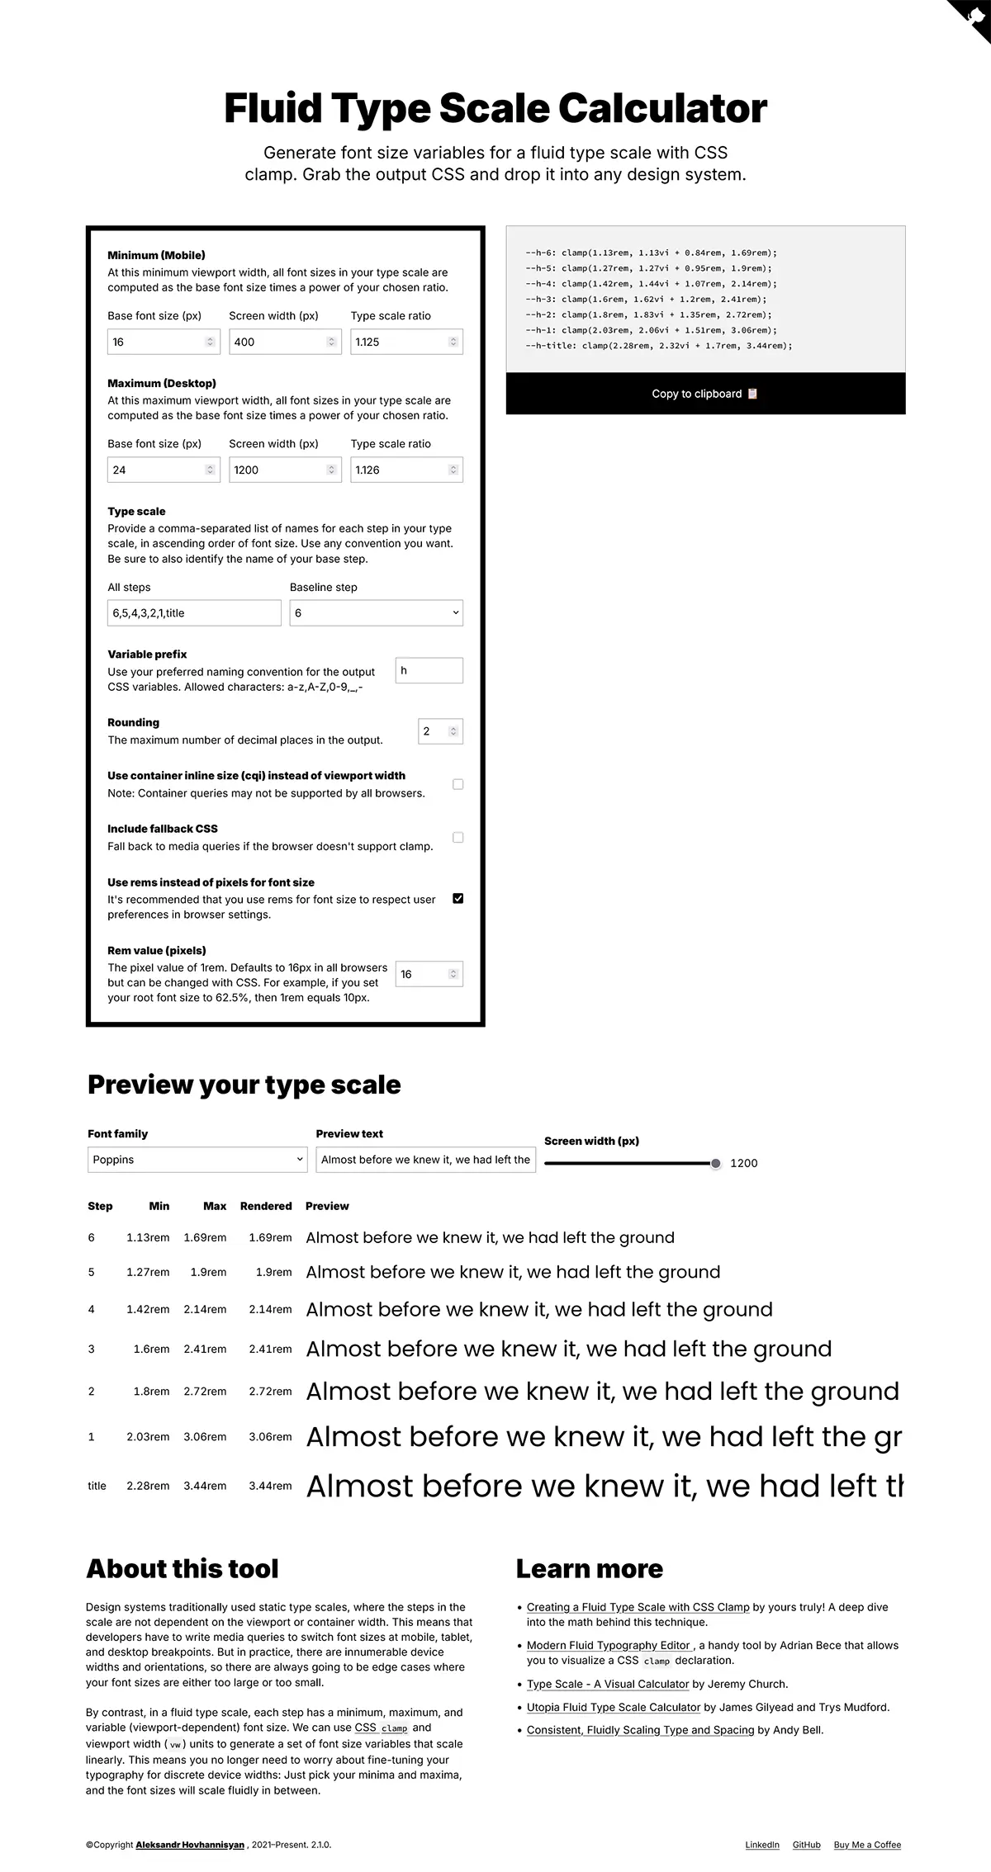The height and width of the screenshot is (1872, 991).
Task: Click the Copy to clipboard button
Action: click(705, 394)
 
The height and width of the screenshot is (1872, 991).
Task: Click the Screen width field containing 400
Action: click(278, 342)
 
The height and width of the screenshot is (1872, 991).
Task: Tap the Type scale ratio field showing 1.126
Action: click(400, 470)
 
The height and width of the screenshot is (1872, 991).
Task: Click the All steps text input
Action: click(194, 613)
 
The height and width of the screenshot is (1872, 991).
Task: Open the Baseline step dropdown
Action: click(376, 613)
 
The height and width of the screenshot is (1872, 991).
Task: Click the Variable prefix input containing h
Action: click(429, 671)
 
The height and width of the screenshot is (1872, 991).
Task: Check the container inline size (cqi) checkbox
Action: click(458, 784)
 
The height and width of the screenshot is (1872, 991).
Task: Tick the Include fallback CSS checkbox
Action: click(458, 838)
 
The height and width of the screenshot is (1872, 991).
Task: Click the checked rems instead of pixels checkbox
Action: click(458, 898)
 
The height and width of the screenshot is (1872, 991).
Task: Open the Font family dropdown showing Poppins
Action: click(197, 1160)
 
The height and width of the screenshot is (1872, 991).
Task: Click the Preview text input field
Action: click(425, 1160)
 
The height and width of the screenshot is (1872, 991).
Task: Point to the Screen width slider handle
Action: click(715, 1164)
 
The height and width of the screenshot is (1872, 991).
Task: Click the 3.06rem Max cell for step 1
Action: click(205, 1437)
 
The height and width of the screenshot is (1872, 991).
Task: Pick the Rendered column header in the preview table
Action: click(266, 1206)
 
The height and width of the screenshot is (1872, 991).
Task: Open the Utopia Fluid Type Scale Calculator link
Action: click(614, 1707)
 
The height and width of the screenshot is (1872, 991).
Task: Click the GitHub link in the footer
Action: click(806, 1845)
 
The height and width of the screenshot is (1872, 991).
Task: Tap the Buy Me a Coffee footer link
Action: click(867, 1845)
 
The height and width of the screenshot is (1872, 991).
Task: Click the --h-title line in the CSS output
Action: click(658, 346)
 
